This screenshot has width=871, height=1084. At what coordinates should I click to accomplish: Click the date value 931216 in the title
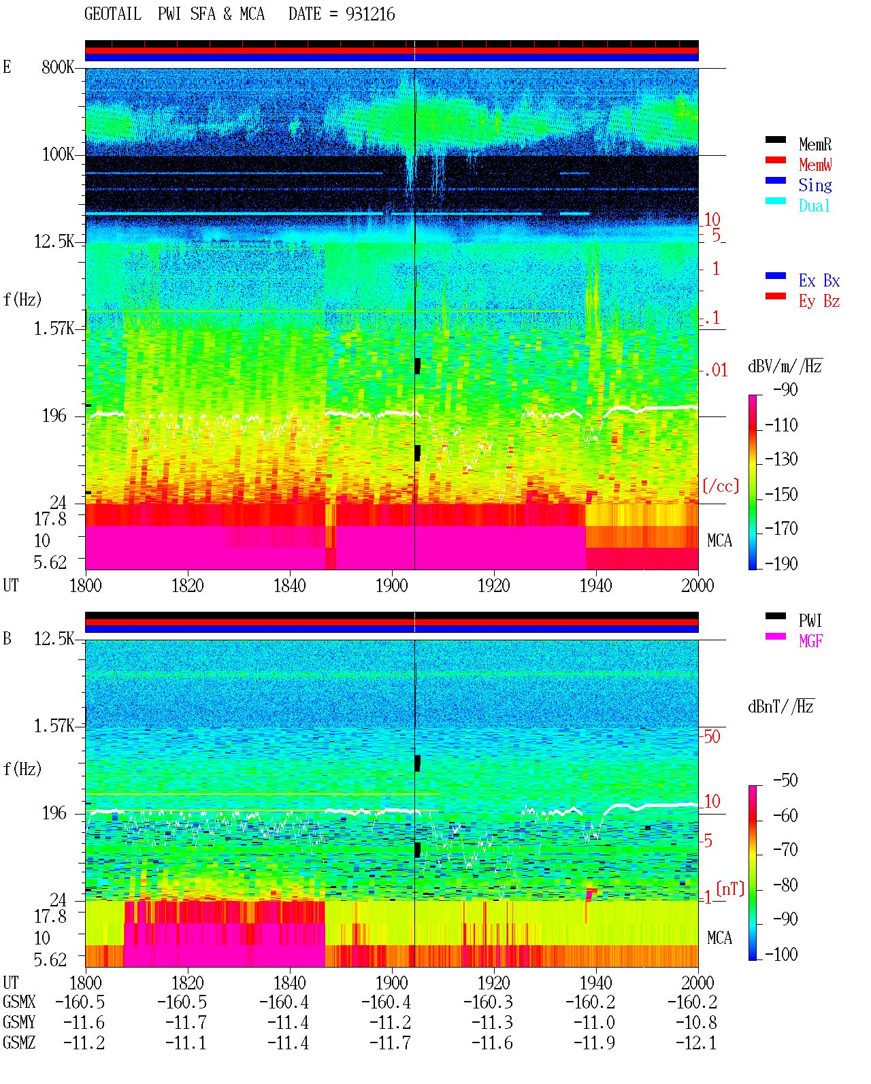(x=370, y=14)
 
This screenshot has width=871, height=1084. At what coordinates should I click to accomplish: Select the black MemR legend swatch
(x=775, y=139)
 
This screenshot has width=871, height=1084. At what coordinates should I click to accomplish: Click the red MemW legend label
(x=815, y=164)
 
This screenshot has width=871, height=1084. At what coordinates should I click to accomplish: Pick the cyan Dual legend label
(x=814, y=206)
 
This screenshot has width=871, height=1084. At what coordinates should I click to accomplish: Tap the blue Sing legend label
(x=815, y=185)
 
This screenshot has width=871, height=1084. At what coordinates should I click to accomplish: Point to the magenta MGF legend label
(x=810, y=641)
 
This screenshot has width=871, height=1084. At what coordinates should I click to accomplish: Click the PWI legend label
(x=810, y=620)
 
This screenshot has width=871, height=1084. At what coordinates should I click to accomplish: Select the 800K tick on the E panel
(x=58, y=67)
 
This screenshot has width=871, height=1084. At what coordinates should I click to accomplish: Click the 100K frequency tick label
(x=58, y=154)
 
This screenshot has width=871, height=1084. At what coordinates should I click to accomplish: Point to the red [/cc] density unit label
(x=721, y=486)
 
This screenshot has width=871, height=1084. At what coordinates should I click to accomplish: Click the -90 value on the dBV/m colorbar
(x=785, y=389)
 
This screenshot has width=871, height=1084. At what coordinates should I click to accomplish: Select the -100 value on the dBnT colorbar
(x=781, y=954)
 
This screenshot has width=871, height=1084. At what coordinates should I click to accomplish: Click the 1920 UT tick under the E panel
(x=494, y=585)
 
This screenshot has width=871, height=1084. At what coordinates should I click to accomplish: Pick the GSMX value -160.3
(x=488, y=1002)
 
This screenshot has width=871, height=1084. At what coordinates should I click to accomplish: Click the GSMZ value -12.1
(x=695, y=1042)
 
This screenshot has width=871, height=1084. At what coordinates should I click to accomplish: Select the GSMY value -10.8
(x=695, y=1023)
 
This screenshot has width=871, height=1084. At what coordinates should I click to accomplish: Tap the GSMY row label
(x=19, y=1023)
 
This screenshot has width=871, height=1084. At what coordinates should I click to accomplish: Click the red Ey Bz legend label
(x=819, y=301)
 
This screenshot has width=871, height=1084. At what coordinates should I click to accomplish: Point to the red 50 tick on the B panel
(x=712, y=736)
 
